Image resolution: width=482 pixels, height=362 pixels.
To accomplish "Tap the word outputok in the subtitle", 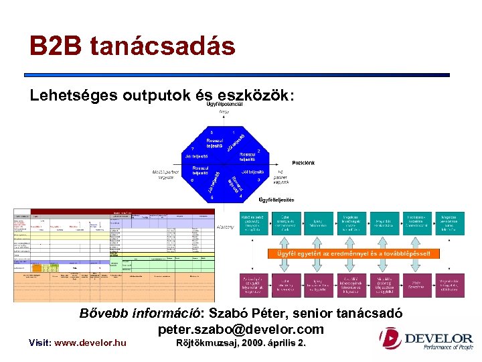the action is click(145, 95).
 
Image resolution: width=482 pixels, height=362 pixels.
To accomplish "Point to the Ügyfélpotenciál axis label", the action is click(224, 105).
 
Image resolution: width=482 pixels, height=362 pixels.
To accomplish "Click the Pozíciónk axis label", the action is click(303, 163).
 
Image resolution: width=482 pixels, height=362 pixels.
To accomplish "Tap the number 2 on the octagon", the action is click(258, 151).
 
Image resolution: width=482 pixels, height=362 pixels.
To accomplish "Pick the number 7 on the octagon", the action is click(193, 148).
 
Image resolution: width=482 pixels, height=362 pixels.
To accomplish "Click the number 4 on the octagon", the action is click(240, 196).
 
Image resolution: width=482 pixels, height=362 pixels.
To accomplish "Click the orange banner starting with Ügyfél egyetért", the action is click(354, 253).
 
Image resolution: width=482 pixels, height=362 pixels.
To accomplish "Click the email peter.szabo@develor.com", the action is click(240, 329).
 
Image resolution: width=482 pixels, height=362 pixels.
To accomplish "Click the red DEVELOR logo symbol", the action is click(390, 339).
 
